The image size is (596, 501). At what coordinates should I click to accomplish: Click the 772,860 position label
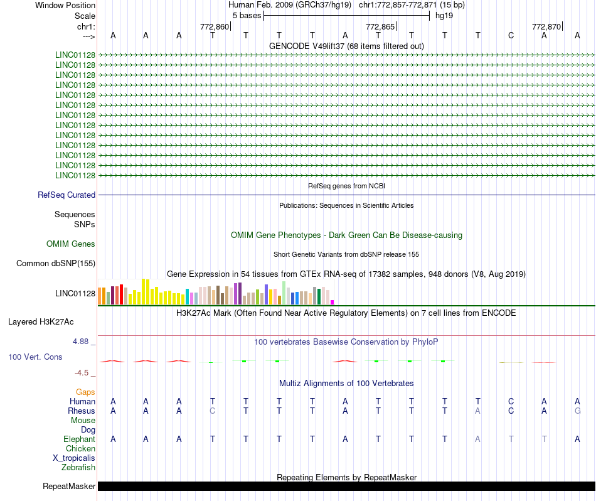(x=215, y=26)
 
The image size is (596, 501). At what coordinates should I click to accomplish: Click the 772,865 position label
(x=380, y=26)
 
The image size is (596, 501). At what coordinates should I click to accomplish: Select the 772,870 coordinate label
(x=546, y=26)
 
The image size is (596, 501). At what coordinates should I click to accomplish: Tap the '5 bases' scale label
(x=247, y=15)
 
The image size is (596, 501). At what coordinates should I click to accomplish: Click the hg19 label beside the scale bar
(x=444, y=15)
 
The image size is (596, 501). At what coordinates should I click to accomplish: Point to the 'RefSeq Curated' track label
(x=67, y=195)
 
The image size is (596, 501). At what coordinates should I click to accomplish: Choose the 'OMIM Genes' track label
(x=71, y=244)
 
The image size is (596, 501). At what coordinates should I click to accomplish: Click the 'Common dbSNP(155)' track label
(x=56, y=264)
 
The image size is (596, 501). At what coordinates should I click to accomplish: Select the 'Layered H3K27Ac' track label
(x=41, y=322)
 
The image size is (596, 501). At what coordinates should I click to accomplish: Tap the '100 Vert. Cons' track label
(x=35, y=357)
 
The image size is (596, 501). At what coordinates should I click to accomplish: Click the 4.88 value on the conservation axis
(x=81, y=342)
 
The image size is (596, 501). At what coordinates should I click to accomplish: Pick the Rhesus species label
(x=82, y=411)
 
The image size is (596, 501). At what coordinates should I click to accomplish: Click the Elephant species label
(x=79, y=439)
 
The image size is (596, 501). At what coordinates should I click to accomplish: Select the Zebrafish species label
(x=78, y=468)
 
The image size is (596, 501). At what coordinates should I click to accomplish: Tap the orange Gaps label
(x=85, y=392)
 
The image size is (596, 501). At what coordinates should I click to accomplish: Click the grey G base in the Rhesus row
(x=577, y=411)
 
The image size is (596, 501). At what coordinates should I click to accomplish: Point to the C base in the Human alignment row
(x=511, y=402)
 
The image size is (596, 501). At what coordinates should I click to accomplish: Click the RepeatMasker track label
(x=69, y=487)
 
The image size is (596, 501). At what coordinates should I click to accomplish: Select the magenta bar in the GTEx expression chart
(x=333, y=303)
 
